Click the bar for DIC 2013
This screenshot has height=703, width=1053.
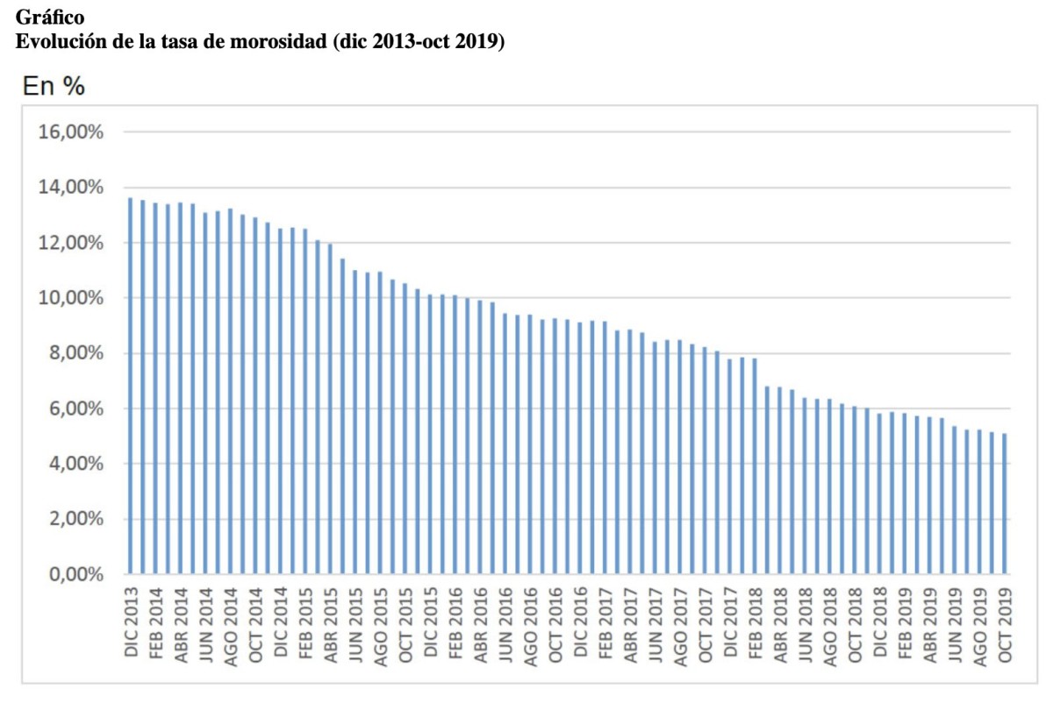coord(130,386)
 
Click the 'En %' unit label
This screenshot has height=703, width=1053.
coord(53,88)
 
